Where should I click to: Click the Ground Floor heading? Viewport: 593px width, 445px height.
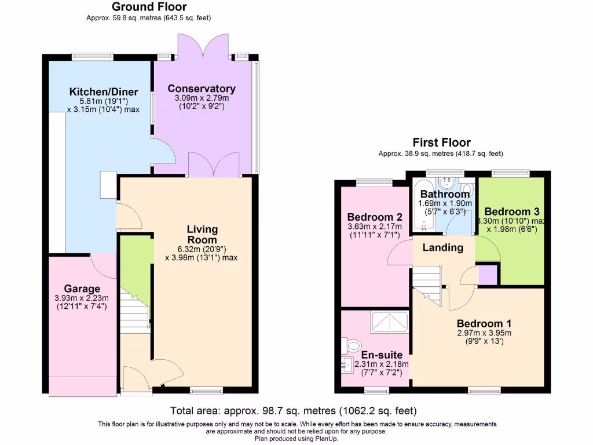[x=149, y=7]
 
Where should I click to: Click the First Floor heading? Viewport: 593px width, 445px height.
[x=441, y=143]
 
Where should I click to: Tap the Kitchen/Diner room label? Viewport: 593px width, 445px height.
[x=104, y=92]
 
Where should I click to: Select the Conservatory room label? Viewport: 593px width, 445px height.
[x=202, y=89]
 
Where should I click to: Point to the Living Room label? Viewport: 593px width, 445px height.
[x=202, y=235]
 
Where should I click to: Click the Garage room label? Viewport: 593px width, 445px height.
[x=82, y=289]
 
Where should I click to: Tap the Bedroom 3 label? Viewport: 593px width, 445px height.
[x=507, y=211]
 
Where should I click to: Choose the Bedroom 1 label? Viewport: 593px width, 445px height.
[x=484, y=323]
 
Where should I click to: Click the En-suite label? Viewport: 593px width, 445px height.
[x=377, y=355]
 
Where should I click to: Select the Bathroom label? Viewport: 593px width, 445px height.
[x=445, y=194]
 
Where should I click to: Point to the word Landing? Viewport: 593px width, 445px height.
[x=443, y=247]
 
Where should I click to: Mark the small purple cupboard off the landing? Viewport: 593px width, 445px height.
[x=488, y=274]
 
